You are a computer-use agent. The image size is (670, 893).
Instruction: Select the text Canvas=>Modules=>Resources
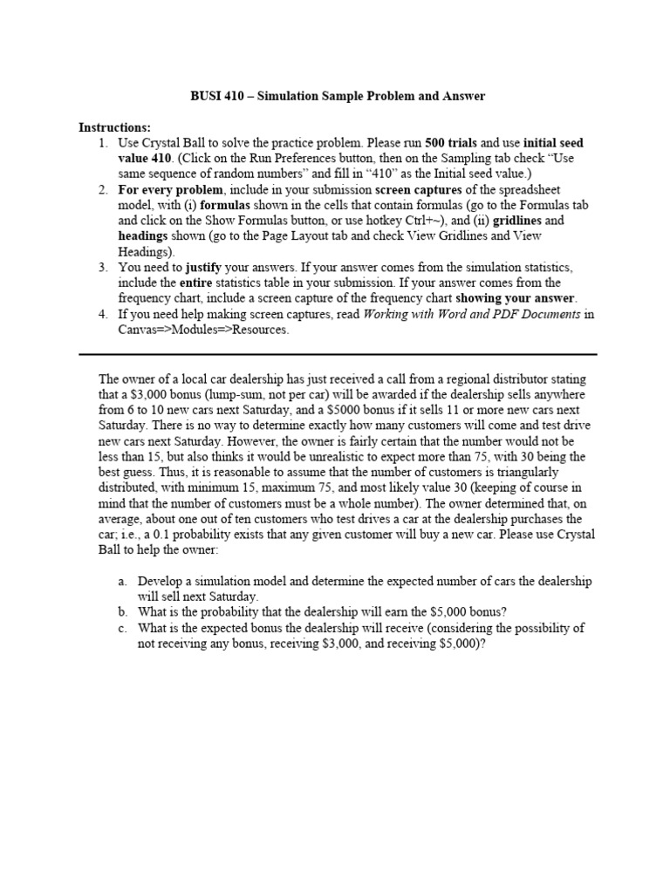(x=203, y=331)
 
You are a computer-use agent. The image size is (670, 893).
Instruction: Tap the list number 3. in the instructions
(x=102, y=268)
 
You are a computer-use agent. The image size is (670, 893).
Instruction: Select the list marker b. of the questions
(x=121, y=612)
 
